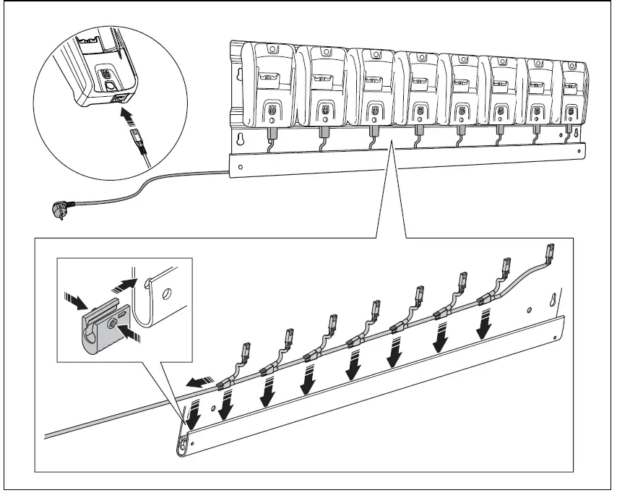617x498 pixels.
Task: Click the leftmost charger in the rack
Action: pos(271,86)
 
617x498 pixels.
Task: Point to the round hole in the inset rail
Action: pos(167,293)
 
